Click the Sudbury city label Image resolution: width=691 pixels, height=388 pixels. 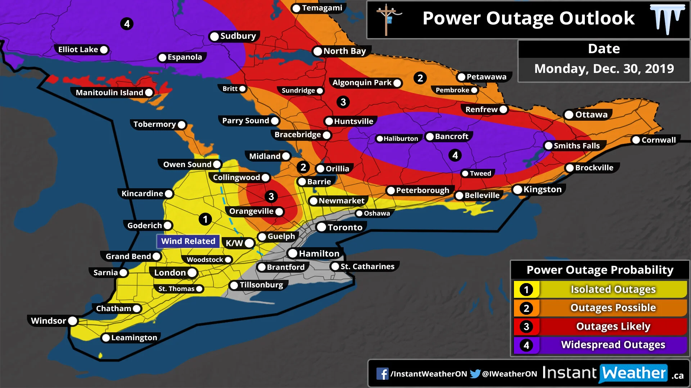point(238,36)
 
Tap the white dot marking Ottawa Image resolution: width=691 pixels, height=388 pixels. point(569,115)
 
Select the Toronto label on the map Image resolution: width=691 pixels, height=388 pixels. point(345,227)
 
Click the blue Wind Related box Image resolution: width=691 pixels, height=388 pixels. point(188,241)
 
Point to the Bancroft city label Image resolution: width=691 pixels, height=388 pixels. point(451,137)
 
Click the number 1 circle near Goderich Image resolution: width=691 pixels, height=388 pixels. point(205,219)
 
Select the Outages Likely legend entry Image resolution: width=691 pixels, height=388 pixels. point(613,326)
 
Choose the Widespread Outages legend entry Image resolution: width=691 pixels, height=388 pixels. point(613,345)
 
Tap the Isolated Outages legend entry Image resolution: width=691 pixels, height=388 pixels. point(613,289)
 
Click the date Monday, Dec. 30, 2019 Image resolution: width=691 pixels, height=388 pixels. point(604,69)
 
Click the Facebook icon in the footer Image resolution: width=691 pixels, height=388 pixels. point(382,374)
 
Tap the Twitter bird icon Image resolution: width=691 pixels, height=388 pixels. point(475,374)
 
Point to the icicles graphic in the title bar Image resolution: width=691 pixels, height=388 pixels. point(667,19)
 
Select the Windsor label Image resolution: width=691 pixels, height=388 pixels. point(49,321)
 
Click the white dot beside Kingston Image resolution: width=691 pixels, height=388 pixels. point(518,190)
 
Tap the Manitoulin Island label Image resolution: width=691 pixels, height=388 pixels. point(109,93)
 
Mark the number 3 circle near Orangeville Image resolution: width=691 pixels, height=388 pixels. point(271,197)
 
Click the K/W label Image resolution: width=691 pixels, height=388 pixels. point(234,243)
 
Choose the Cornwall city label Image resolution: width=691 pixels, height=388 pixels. point(658,140)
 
